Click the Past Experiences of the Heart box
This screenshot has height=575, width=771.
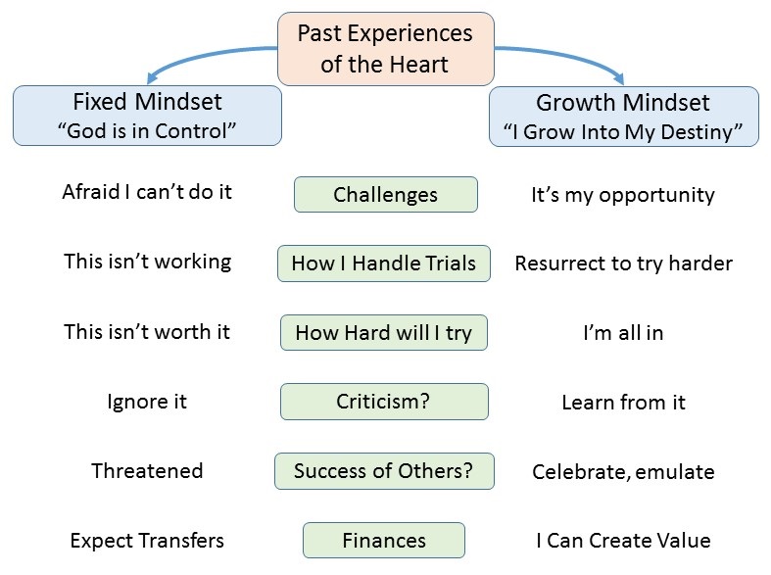click(x=386, y=49)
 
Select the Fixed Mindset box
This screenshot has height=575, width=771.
click(x=147, y=116)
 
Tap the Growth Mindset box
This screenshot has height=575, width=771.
click(x=623, y=117)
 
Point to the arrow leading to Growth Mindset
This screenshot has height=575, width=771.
click(x=565, y=55)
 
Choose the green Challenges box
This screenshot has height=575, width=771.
click(x=386, y=195)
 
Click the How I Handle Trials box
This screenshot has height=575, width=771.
click(x=383, y=264)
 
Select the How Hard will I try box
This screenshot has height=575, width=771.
click(x=383, y=333)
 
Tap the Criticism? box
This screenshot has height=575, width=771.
click(x=384, y=402)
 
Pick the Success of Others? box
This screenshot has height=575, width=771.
click(x=384, y=471)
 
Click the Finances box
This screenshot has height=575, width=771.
click(x=383, y=540)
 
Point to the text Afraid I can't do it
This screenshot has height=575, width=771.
click(x=147, y=192)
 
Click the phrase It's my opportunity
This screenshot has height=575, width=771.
click(x=623, y=195)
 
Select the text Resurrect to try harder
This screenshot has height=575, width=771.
click(x=623, y=264)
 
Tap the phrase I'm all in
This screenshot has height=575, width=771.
click(x=623, y=333)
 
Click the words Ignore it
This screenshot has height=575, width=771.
click(x=147, y=402)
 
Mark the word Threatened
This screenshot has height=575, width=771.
click(x=147, y=471)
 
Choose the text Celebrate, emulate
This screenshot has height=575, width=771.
click(x=623, y=472)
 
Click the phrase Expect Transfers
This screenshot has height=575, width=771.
click(x=147, y=541)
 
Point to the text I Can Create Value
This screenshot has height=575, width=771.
click(x=623, y=541)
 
